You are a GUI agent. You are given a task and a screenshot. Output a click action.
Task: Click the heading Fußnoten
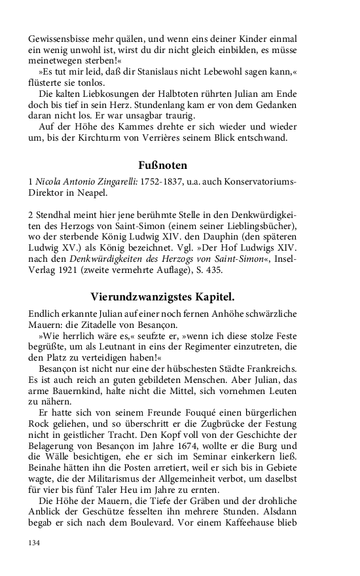coord(163,166)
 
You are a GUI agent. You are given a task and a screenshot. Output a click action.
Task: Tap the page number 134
coord(35,543)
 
